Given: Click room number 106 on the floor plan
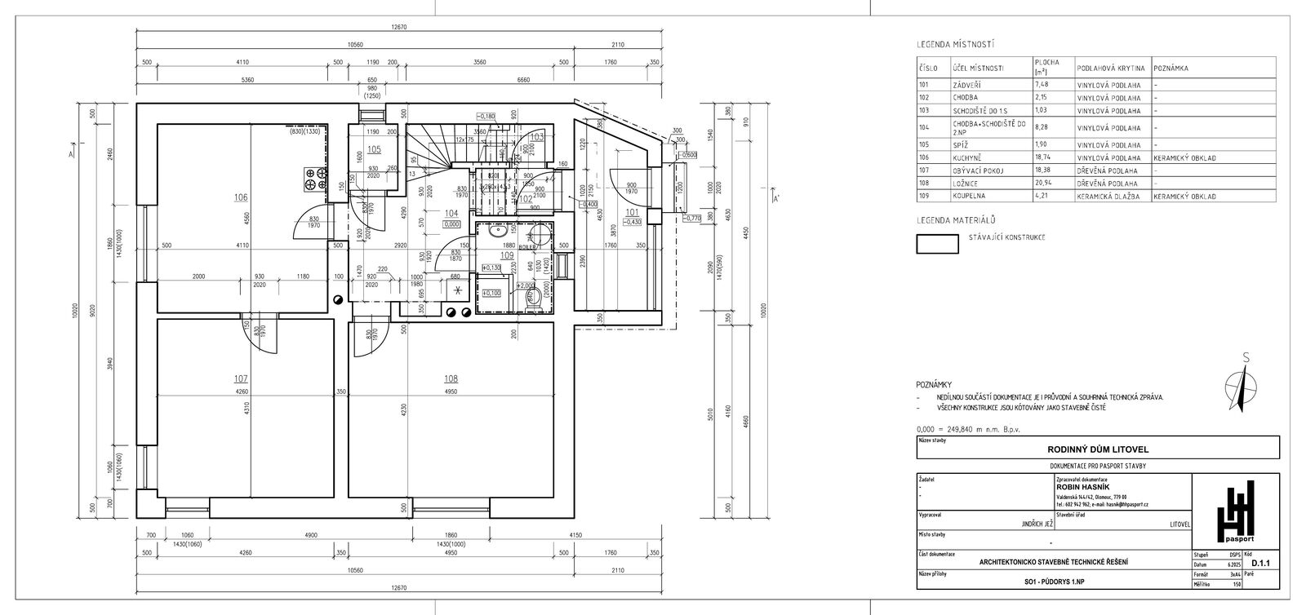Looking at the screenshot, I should pos(241,197).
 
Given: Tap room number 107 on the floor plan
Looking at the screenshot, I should pos(241,378).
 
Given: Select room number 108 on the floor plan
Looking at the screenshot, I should pos(451,378).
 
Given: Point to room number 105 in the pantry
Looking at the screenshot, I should pos(374,149).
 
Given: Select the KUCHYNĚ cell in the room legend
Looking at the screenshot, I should pos(966,157).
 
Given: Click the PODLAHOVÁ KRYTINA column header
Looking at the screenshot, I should pos(1111,69).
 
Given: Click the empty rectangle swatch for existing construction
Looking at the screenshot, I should pos(937,245).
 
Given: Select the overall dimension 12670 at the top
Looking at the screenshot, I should pos(398,28).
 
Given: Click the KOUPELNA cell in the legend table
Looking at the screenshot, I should pos(968,197).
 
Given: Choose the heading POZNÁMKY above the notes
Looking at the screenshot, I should pos(934,384).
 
